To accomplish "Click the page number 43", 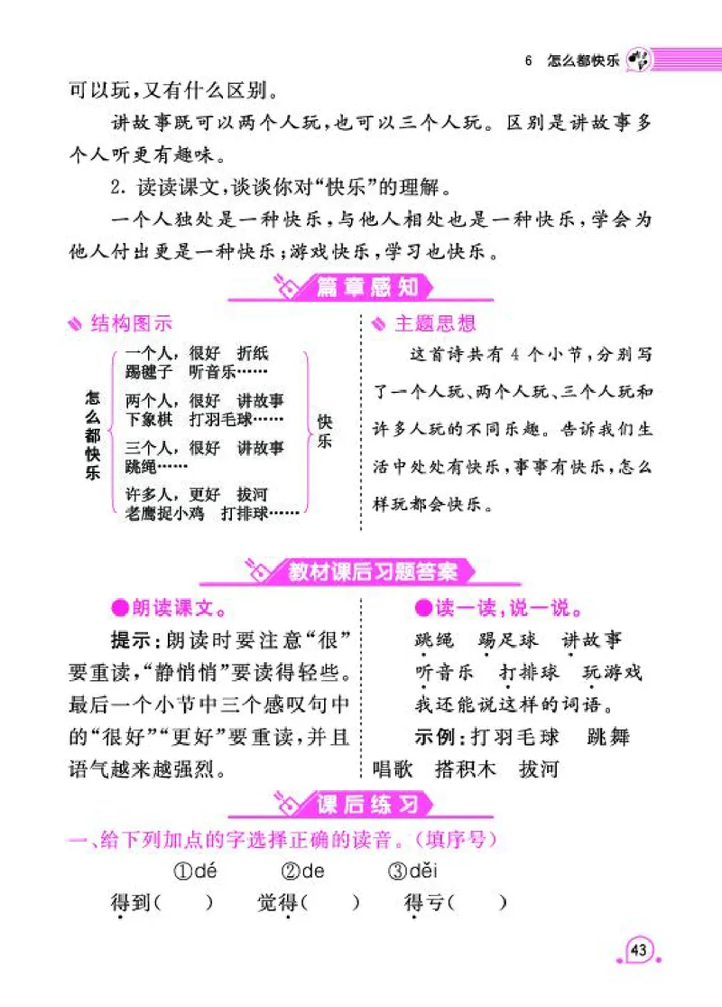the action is (x=639, y=950).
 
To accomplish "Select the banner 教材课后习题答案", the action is (x=373, y=571).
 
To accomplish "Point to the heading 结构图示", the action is (x=130, y=323).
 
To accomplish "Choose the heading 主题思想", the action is (x=434, y=323).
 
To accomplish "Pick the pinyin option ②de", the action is (x=303, y=872).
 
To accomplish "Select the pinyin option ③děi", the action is (x=415, y=872).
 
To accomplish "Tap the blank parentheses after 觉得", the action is (x=331, y=902).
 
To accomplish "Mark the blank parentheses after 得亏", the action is (x=477, y=902).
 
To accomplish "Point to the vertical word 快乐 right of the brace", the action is (x=325, y=433).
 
